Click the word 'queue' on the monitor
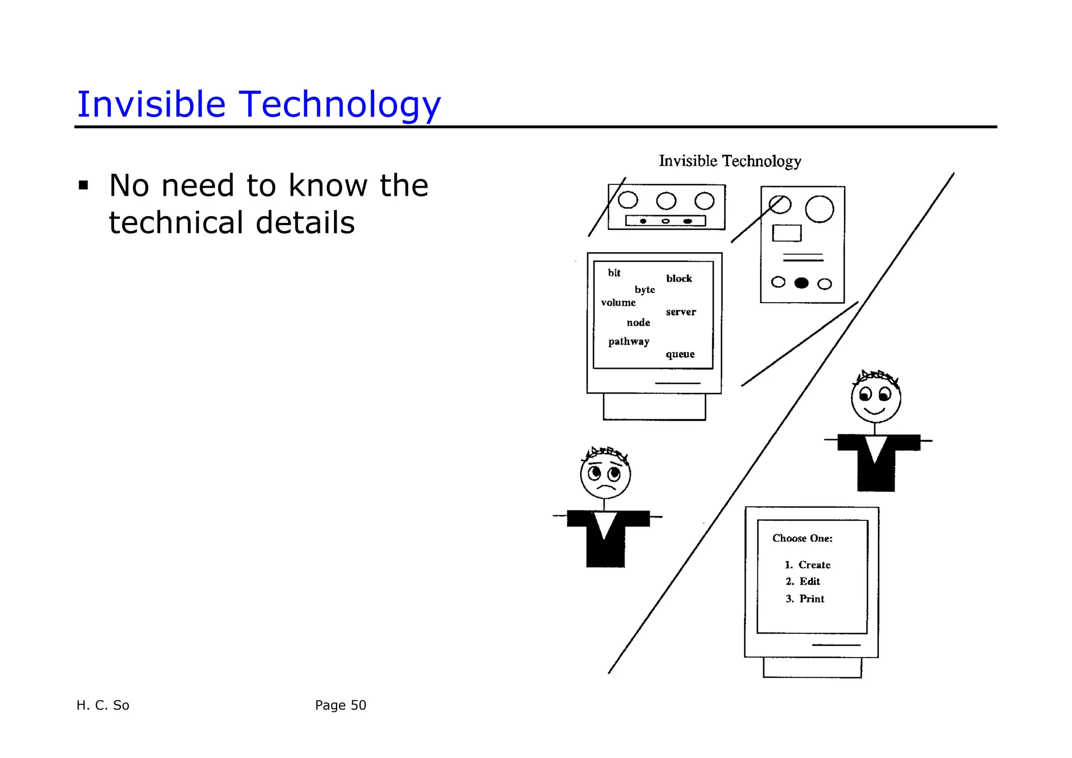(680, 354)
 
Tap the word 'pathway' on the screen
(629, 341)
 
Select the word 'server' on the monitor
(681, 312)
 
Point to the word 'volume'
(618, 303)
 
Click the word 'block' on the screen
(679, 278)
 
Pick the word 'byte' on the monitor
(645, 289)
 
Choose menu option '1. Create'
(807, 565)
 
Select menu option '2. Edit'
(802, 582)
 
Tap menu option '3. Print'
(805, 599)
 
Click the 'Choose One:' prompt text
(802, 538)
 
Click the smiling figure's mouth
(875, 410)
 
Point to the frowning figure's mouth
(606, 487)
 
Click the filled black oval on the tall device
(801, 283)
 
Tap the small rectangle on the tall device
(787, 233)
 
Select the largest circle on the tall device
(820, 209)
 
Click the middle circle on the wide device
(666, 200)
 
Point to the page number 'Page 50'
(340, 705)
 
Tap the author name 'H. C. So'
(103, 705)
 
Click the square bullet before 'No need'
(83, 185)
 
